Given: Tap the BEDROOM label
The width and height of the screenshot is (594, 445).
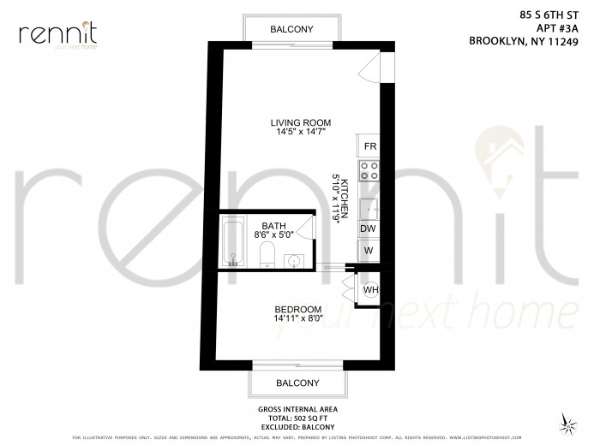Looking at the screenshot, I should (297, 309).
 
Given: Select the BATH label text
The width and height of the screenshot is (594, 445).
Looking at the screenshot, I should (273, 224).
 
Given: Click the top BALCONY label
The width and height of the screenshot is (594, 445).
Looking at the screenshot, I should (291, 29).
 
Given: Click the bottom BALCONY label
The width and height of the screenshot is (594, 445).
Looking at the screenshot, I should (297, 383).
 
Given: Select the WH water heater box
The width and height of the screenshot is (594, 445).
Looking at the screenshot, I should (370, 289).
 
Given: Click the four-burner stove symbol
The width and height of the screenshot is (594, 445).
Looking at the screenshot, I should (369, 170).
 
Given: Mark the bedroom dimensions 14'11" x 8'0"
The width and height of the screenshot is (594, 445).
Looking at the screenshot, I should (297, 319).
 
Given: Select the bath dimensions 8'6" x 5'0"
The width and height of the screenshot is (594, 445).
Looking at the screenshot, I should (273, 234).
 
